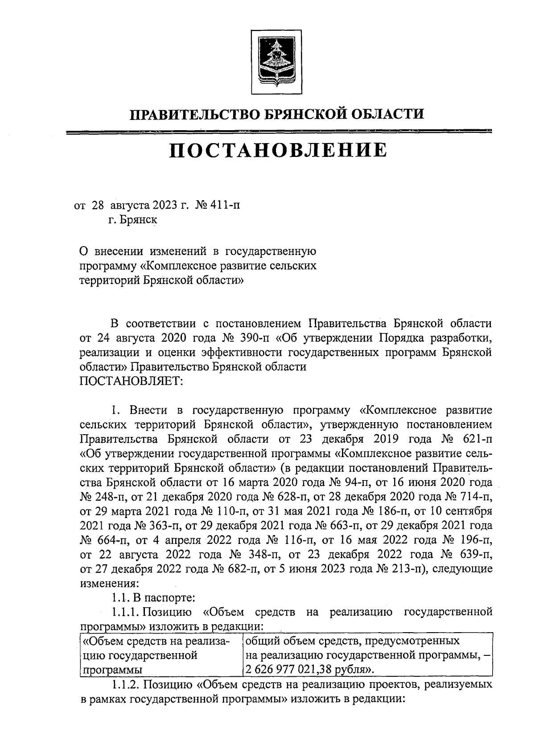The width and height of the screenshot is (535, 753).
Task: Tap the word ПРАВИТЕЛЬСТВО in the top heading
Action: point(192,115)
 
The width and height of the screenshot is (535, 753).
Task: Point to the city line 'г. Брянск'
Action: point(132,220)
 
